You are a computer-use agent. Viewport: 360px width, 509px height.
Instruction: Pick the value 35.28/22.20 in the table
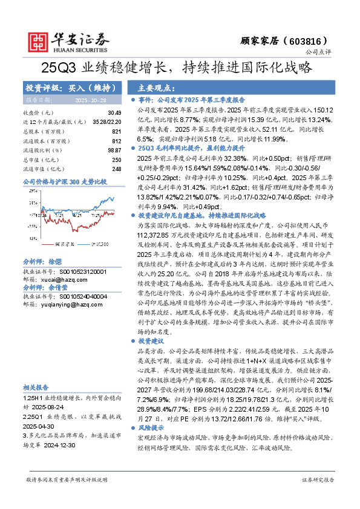click(x=109, y=122)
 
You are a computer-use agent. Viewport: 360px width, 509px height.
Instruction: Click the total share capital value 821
click(x=117, y=131)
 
